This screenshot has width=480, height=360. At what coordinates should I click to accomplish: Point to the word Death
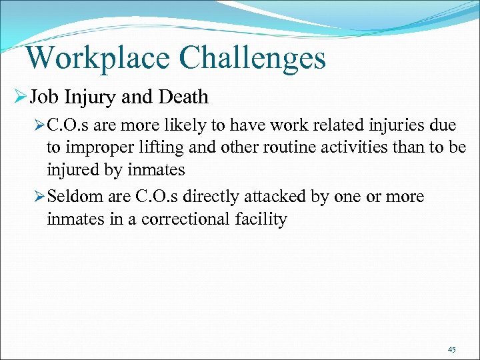[183, 97]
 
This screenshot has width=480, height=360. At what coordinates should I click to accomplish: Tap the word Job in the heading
[44, 97]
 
